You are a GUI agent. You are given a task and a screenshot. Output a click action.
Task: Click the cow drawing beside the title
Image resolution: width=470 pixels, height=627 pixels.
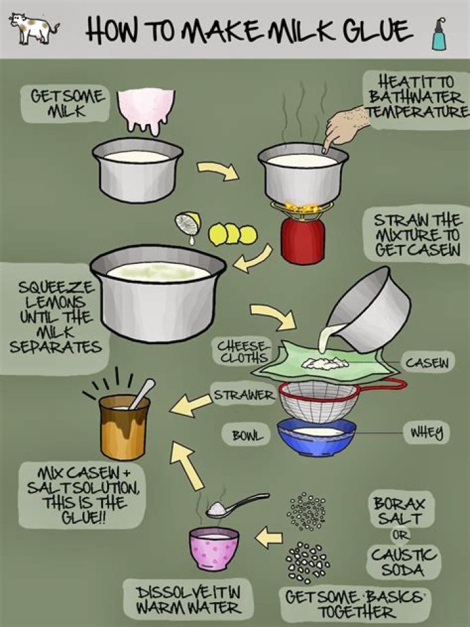[x=35, y=28]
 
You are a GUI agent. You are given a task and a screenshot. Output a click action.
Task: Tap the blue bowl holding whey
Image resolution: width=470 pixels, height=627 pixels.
[x=317, y=438]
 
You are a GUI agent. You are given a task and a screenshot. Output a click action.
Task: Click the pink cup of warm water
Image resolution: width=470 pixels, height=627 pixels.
[x=214, y=548]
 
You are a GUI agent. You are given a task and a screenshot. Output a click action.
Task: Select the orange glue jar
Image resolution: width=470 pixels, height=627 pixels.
[x=124, y=426]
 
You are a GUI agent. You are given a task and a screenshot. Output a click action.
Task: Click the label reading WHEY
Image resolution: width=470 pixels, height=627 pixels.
[x=427, y=432]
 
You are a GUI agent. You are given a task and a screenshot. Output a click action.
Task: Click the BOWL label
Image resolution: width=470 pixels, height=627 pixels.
[x=247, y=435]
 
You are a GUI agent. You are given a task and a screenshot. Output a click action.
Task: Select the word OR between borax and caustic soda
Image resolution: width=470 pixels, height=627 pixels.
[x=400, y=535]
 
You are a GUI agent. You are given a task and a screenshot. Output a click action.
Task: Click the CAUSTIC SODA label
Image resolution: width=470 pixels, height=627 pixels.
[x=404, y=562]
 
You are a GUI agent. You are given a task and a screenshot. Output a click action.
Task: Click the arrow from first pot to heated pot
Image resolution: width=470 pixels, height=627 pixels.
[x=218, y=170]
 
